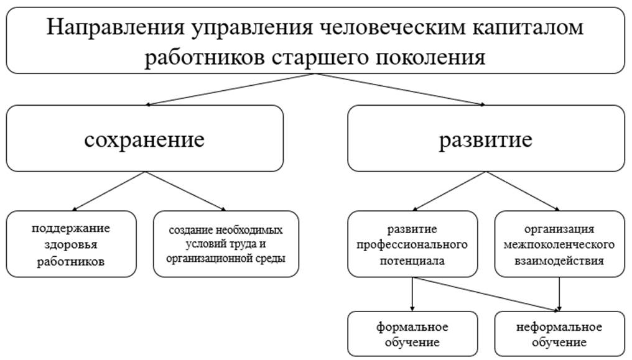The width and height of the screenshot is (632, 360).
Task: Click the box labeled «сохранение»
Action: coord(144,139)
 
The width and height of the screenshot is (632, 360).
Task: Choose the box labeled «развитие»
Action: coord(486,139)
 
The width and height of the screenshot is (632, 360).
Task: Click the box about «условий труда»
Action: coord(226,244)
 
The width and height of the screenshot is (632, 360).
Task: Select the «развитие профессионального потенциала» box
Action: coord(412,244)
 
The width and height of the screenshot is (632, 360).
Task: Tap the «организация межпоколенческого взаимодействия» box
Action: coord(560,244)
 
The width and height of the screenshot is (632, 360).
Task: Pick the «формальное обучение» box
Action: coord(412,335)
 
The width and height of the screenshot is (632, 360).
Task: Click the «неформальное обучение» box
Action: coord(560,335)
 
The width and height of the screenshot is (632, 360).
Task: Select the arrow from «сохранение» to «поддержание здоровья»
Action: coord(109,192)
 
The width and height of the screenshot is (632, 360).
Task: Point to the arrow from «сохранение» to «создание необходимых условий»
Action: coord(185,192)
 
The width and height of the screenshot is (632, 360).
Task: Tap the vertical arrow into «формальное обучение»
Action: coord(412,293)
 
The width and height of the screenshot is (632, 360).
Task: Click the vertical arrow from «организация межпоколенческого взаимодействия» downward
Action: coord(560,292)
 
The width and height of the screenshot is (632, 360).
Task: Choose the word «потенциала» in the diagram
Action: coord(412,261)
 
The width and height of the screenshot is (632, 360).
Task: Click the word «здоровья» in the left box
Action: coord(70,244)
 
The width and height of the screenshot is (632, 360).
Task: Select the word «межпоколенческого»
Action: coord(560,244)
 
